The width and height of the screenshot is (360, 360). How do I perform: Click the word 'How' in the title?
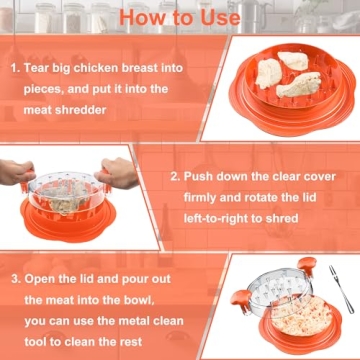tap(138, 17)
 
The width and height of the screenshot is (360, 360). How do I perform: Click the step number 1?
tap(16, 71)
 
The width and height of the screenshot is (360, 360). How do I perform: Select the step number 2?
tap(174, 176)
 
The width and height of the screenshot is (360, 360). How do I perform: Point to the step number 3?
tap(16, 280)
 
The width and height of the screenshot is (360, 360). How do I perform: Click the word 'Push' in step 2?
tap(200, 176)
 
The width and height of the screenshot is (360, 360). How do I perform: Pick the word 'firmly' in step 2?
tap(194, 197)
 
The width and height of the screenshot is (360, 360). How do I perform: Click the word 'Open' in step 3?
tap(44, 280)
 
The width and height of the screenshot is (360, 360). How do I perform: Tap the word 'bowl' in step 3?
tap(157, 301)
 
